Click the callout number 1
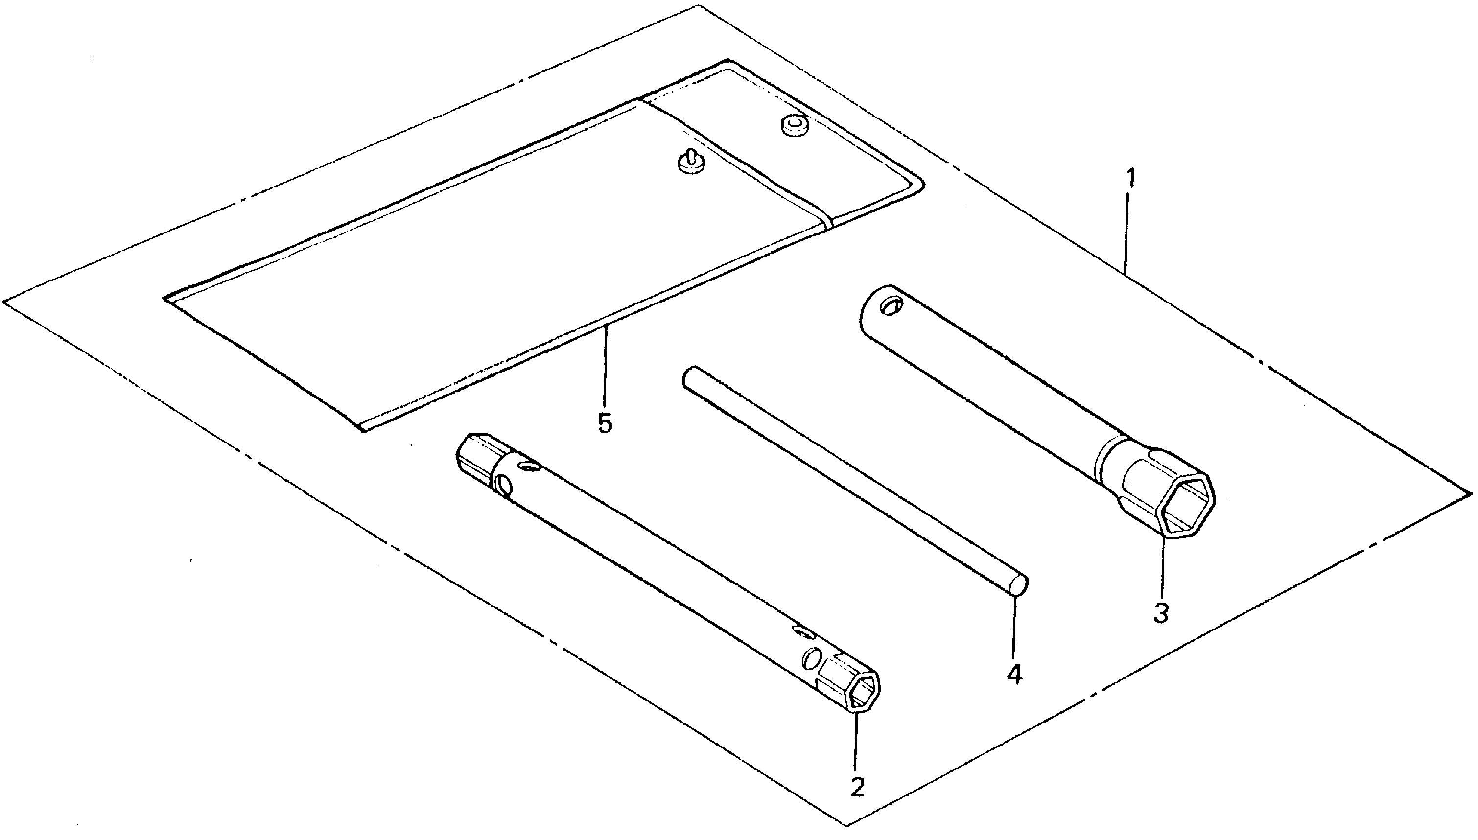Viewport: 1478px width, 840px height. point(1131,180)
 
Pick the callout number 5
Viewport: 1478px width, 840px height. point(605,423)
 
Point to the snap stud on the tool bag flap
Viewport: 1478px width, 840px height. point(690,162)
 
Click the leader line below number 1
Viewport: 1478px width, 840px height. point(1128,233)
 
